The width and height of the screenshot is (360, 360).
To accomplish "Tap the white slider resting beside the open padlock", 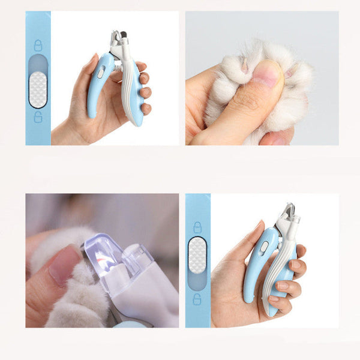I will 38,89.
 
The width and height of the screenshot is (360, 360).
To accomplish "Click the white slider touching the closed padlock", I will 197,255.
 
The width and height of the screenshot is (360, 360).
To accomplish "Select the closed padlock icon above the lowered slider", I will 38,46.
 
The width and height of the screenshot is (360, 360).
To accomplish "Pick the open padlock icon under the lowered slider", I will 38,117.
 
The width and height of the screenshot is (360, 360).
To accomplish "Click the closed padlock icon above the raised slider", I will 197,227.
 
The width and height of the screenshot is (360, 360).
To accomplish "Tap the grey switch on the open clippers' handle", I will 101,72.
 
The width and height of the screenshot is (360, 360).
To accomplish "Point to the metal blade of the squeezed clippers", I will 287,212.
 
